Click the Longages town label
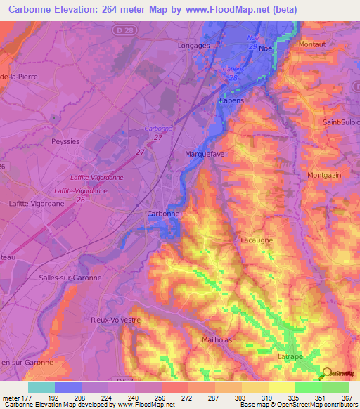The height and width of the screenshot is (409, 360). (195, 46)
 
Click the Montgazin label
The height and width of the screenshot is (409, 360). (324, 175)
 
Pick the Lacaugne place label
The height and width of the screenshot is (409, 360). (257, 240)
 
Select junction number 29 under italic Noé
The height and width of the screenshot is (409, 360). (252, 46)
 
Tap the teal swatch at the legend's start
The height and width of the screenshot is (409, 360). (41, 387)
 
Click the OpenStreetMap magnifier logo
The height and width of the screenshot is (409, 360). (326, 373)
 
